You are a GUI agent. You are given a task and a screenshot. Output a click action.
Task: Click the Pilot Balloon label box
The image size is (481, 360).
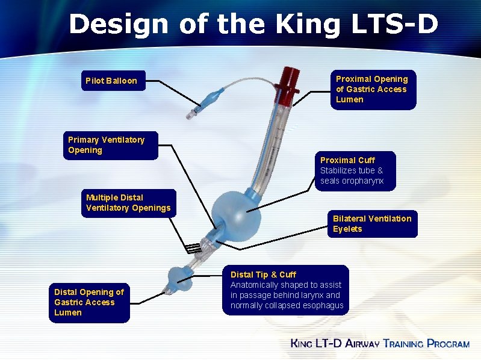pyautogui.click(x=111, y=81)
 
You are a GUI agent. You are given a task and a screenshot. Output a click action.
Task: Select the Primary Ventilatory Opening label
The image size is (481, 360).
pyautogui.click(x=107, y=145)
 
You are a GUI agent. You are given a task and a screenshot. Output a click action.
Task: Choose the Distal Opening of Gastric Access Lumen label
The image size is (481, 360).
pyautogui.click(x=88, y=302)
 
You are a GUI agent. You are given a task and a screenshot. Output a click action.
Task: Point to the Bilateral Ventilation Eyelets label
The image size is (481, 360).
pyautogui.click(x=372, y=224)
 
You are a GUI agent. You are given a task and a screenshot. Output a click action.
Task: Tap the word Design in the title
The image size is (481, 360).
pyautogui.click(x=119, y=25)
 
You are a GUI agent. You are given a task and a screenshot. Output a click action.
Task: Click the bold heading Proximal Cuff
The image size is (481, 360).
pyautogui.click(x=347, y=160)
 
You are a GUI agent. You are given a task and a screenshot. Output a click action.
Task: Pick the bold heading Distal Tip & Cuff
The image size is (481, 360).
pyautogui.click(x=263, y=275)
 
